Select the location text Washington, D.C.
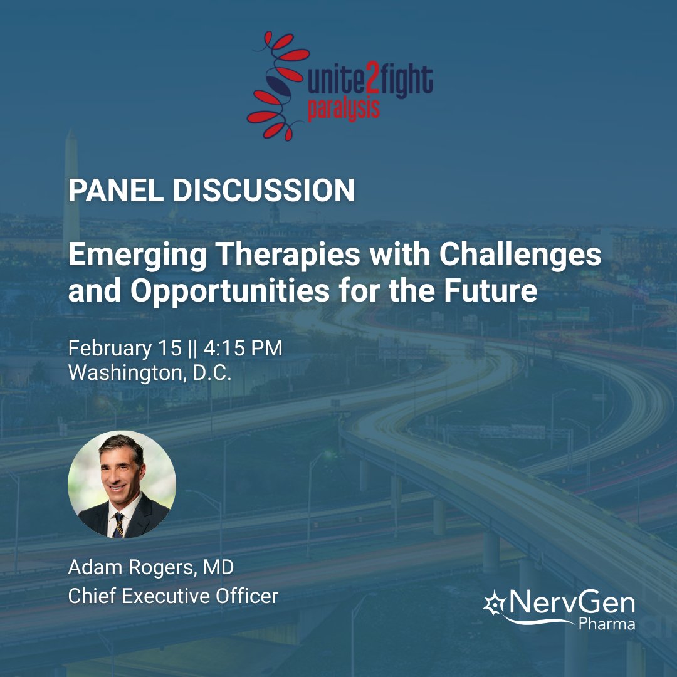(x=150, y=372)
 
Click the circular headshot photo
(x=122, y=484)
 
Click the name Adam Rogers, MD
(x=150, y=569)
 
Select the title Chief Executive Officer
(x=172, y=596)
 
